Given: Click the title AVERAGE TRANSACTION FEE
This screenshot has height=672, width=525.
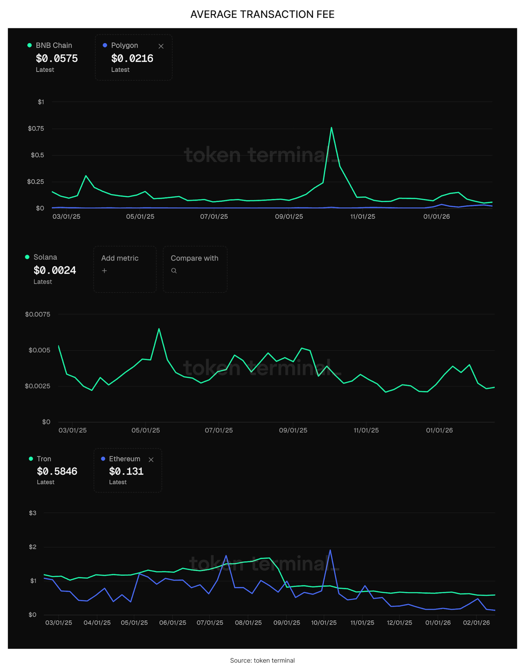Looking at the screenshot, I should [262, 14].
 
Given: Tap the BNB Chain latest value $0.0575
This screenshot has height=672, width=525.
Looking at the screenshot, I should [57, 58].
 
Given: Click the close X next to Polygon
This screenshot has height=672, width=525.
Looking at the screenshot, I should [161, 46].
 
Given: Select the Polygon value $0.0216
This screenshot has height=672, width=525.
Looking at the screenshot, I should [132, 58].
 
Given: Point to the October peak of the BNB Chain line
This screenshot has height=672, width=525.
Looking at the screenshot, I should [331, 128].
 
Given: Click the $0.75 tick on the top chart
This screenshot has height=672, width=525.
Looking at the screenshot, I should [36, 129].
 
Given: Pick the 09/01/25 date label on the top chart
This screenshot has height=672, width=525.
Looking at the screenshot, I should [289, 217].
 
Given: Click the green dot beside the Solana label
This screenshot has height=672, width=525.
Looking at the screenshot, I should [27, 257].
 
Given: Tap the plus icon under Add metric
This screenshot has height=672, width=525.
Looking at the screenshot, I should [104, 271].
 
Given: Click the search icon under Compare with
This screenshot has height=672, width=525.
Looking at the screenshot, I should [174, 271].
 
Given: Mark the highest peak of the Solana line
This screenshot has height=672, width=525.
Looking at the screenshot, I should [159, 329].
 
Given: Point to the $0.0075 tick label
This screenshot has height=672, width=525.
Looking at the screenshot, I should [38, 314].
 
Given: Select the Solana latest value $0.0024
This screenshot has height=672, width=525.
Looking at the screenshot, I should [55, 270].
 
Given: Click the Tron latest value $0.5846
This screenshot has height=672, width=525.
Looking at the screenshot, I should [57, 471].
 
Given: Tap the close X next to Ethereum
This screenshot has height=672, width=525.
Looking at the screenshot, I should [151, 460].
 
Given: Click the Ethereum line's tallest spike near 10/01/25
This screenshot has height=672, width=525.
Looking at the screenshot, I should [330, 550].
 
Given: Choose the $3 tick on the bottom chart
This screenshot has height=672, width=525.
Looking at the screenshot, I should [33, 513].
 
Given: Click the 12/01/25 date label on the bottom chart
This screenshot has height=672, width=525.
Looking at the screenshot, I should [399, 623].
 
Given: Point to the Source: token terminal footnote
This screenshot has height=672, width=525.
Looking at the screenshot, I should [262, 660].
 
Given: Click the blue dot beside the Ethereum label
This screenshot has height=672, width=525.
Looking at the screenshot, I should [103, 459].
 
